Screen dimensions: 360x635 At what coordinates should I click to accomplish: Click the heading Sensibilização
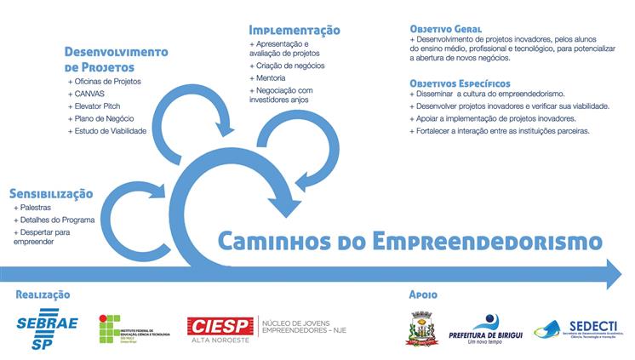pyautogui.click(x=51, y=192)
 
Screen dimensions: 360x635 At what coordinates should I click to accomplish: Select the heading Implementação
pyautogui.click(x=295, y=30)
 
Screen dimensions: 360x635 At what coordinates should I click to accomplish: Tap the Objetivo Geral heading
pyautogui.click(x=445, y=28)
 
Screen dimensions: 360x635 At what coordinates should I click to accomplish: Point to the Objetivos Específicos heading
pyautogui.click(x=460, y=83)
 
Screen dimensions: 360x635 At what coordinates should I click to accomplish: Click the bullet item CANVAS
pyautogui.click(x=90, y=94)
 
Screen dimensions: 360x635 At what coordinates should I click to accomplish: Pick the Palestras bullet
pyautogui.click(x=34, y=207)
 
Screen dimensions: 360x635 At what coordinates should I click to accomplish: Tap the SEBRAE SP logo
pyautogui.click(x=47, y=329)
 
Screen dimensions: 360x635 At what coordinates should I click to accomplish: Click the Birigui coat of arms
pyautogui.click(x=422, y=329)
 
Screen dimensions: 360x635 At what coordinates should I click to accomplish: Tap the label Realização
pyautogui.click(x=43, y=294)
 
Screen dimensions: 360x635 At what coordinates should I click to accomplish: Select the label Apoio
pyautogui.click(x=423, y=294)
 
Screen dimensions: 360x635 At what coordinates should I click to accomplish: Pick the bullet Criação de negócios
pyautogui.click(x=288, y=66)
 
